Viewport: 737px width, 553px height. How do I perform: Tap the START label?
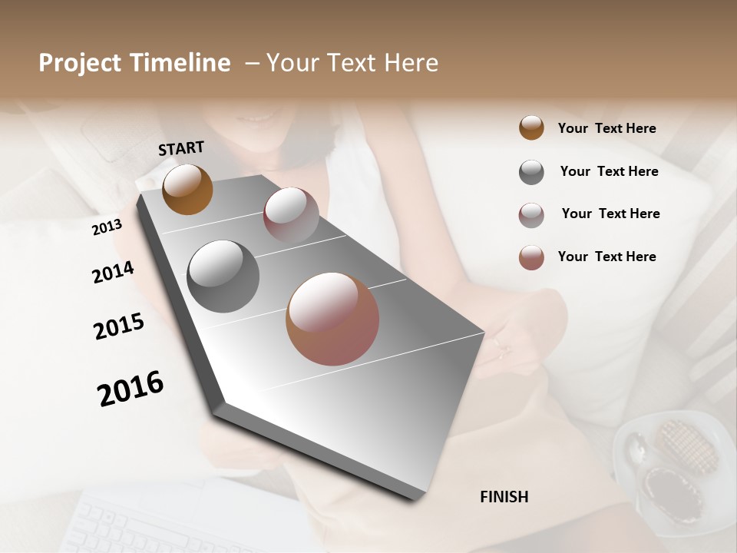[181, 148]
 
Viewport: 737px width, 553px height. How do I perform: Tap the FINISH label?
[504, 497]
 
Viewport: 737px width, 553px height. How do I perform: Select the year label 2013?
[107, 227]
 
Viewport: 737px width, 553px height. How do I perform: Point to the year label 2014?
[113, 272]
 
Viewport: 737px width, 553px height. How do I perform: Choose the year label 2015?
[119, 326]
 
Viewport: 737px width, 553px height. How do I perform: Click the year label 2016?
[131, 389]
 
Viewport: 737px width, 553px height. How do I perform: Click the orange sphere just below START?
[187, 189]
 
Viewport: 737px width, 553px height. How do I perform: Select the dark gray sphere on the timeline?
[223, 276]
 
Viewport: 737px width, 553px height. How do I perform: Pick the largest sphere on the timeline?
[332, 319]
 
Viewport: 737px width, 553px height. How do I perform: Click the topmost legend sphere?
[531, 128]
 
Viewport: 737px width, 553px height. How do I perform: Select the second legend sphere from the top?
[531, 172]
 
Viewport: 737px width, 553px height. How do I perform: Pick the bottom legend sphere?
[531, 257]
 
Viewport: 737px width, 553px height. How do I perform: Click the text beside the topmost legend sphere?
[606, 129]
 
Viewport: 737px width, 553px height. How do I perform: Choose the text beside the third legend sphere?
[610, 214]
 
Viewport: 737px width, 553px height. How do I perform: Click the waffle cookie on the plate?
[685, 445]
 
